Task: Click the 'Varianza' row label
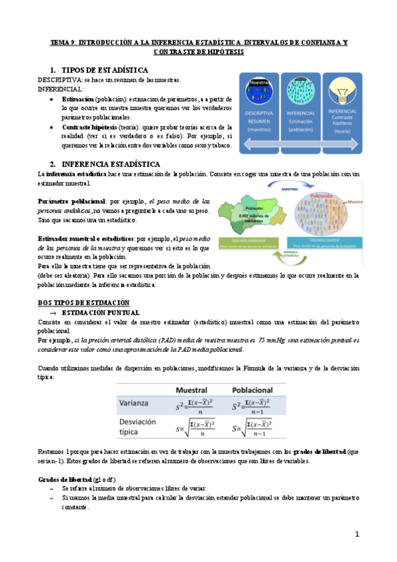[x=137, y=402]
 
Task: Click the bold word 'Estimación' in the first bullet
[x=77, y=97]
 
